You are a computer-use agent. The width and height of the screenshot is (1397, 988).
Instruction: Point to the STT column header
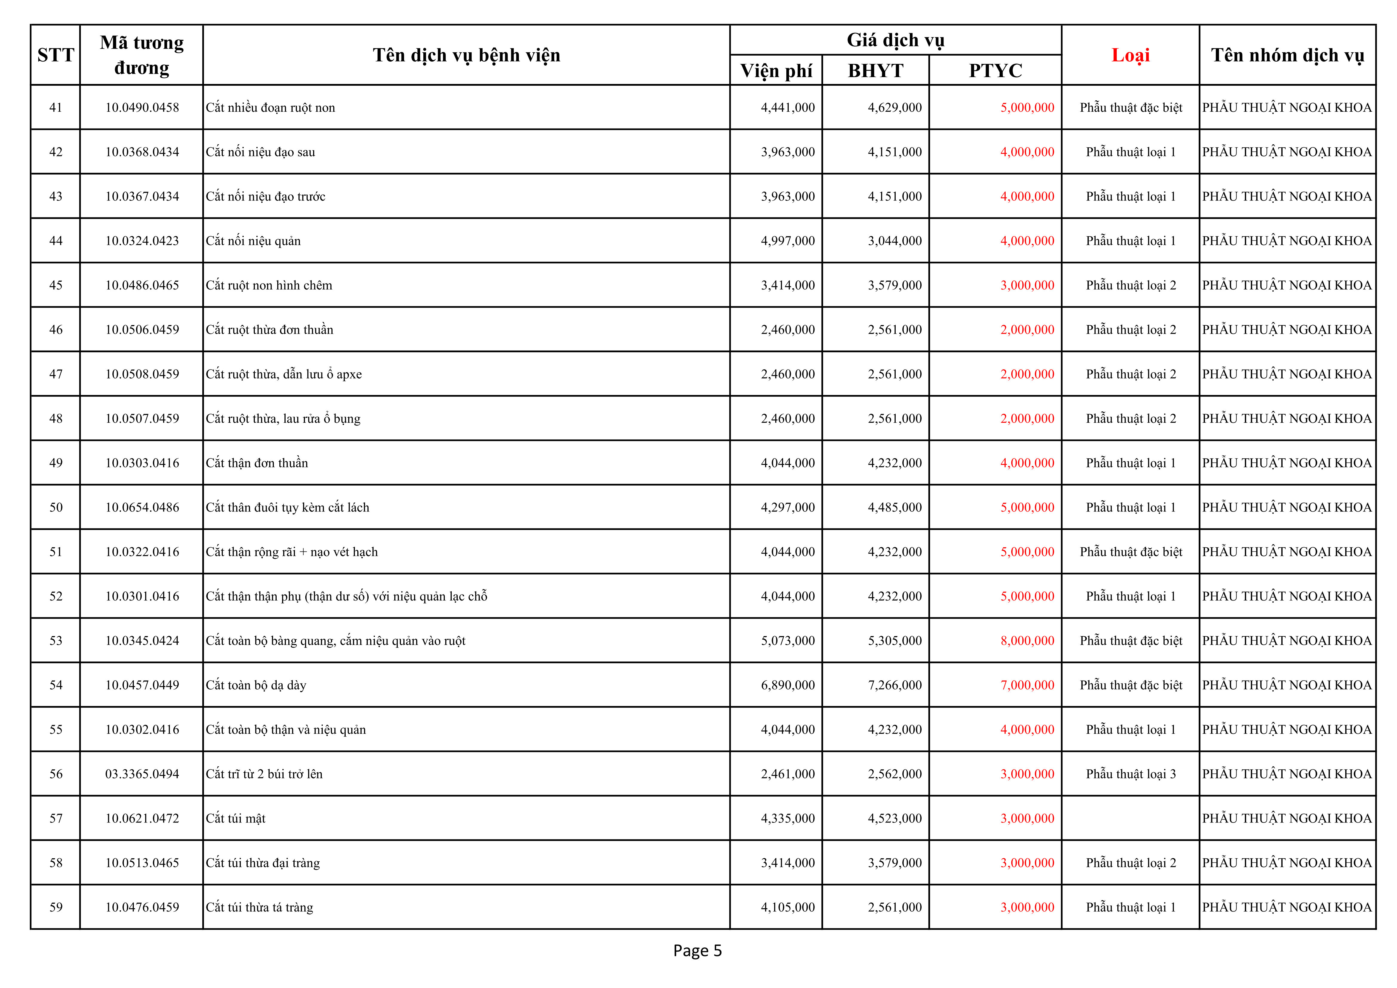coord(55,55)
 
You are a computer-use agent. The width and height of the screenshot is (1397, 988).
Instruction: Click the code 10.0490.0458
coord(142,108)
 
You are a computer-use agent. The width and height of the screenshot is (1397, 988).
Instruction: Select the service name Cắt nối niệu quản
coord(253,241)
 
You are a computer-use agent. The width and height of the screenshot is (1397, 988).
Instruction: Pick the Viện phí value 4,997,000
coord(787,241)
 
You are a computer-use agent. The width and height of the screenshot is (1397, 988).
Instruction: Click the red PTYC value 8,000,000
coord(1027,641)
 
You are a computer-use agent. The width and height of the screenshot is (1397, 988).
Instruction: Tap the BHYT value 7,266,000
coord(894,685)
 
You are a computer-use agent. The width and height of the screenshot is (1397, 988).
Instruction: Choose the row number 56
coord(55,774)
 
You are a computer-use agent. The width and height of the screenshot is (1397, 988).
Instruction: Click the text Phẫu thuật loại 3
coord(1131,774)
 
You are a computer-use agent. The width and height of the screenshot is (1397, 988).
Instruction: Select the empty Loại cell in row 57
coord(1131,818)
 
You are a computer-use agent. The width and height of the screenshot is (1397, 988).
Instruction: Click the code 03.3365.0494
coord(142,774)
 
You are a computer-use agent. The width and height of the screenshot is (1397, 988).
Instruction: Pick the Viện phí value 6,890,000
coord(787,685)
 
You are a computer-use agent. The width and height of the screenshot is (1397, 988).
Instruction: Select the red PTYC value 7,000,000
coord(1027,685)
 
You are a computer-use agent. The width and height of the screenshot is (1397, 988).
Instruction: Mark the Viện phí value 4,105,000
coord(787,907)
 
